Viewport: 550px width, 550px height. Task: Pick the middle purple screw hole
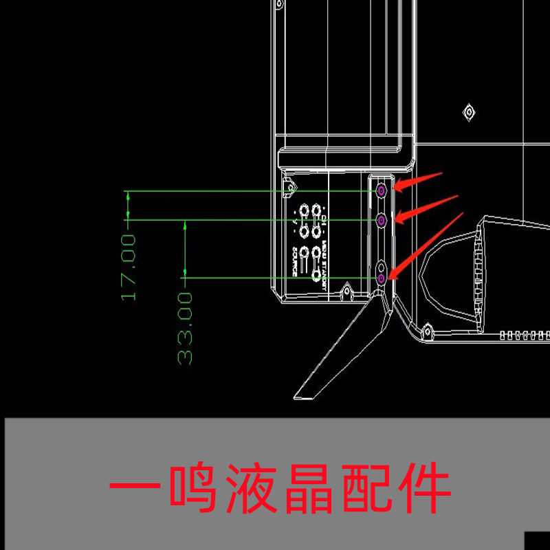coord(381,219)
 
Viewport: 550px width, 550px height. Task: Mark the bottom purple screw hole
coord(382,278)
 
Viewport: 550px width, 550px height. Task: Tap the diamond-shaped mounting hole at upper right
coord(470,111)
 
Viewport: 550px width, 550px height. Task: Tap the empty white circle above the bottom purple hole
coord(382,265)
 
